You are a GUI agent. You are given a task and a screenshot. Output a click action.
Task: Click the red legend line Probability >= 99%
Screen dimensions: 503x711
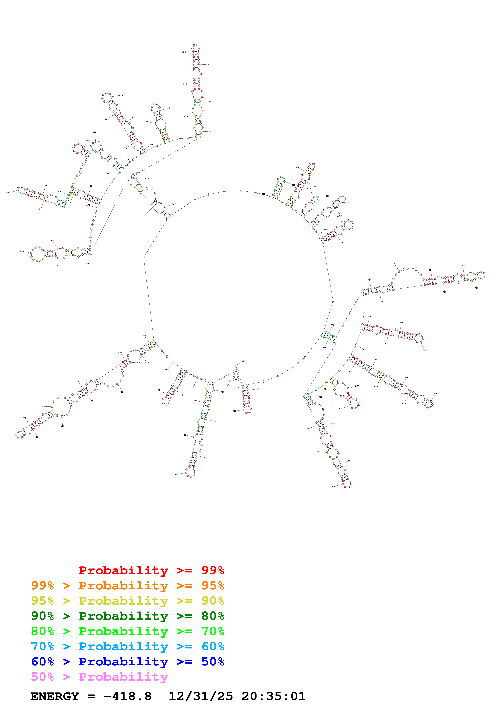[x=151, y=570]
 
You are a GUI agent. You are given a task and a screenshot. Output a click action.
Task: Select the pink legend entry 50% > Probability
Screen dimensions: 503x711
[x=99, y=677]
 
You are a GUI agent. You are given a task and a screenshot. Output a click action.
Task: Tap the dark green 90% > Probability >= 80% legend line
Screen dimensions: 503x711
[x=127, y=616]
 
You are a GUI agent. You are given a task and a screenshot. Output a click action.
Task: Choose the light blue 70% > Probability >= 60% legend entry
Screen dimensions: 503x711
[x=127, y=647]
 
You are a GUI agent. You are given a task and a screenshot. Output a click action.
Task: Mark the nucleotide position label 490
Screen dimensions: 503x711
[x=184, y=52]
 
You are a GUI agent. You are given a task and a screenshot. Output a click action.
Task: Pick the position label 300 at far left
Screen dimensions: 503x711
[x=8, y=193]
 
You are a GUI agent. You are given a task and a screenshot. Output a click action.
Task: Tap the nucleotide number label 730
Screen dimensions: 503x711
[x=476, y=288]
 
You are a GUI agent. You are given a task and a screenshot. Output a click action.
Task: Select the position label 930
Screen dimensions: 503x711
[x=334, y=486]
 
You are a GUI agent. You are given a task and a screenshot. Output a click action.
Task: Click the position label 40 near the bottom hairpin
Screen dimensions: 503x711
[x=176, y=474]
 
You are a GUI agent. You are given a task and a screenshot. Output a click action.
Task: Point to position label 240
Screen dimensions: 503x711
[x=22, y=251]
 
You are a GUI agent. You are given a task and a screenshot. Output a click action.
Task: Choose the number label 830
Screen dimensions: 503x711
[x=435, y=394]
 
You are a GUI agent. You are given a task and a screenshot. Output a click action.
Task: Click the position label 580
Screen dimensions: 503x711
[x=297, y=167]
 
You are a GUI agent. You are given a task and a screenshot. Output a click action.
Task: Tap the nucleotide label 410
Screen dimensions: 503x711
[x=121, y=95]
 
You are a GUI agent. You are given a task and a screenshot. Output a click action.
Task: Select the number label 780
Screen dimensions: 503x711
[x=425, y=350]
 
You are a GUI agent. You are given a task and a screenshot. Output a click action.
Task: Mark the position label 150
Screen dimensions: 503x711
[x=38, y=437]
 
